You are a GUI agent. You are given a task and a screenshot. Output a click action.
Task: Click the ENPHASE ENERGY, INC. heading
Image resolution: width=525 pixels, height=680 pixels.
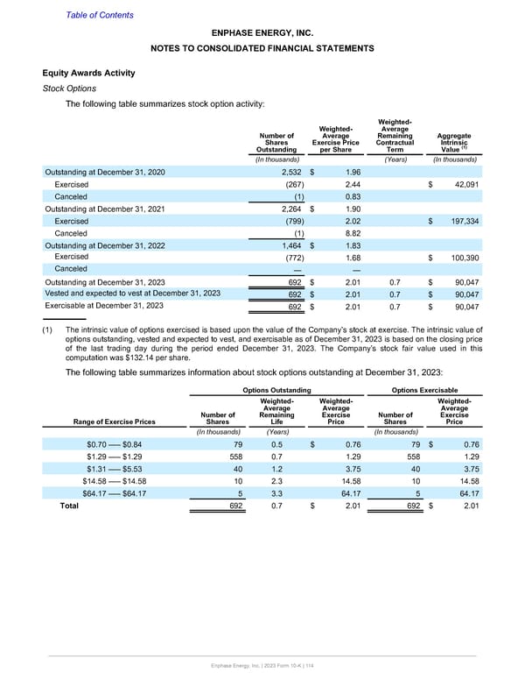pos(262,32)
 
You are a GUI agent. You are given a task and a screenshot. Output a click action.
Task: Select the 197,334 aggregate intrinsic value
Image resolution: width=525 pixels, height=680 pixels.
pos(457,222)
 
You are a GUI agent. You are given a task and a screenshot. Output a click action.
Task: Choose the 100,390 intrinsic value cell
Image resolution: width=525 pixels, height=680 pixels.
pos(457,259)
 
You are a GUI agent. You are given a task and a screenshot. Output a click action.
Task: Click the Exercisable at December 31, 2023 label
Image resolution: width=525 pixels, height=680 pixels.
pos(105,307)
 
